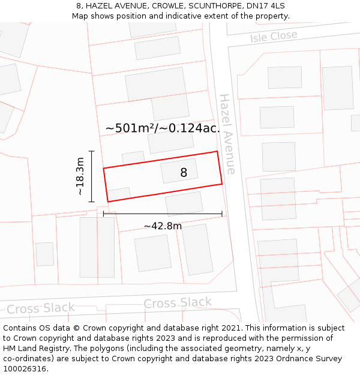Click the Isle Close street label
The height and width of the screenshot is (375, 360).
coord(274,36)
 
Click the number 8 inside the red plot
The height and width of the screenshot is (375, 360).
coord(184,173)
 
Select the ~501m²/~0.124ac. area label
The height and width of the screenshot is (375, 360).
coord(163,128)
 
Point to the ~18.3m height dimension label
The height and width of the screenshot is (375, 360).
coord(80,176)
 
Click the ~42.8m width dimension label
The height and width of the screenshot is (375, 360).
coord(163,226)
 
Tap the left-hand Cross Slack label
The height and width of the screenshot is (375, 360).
coord(41,308)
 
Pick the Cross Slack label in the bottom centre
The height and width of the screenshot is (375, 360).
coord(178,303)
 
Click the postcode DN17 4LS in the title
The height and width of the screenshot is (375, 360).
coord(266,6)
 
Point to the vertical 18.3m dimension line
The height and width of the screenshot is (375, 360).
coord(92,176)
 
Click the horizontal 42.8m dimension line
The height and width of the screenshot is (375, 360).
coord(163,214)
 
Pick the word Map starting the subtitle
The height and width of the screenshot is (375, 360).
coord(80,16)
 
